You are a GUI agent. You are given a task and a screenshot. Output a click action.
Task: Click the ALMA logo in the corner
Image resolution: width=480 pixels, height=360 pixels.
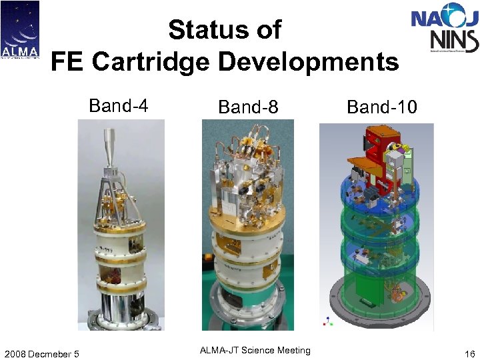(x=20, y=30)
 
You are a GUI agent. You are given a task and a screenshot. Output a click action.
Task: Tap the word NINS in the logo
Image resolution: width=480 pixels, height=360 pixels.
(x=455, y=40)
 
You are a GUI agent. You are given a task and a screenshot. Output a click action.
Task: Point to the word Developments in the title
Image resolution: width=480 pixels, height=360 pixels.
(x=308, y=62)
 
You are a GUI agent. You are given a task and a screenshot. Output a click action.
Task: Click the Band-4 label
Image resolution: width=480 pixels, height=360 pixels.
(x=118, y=106)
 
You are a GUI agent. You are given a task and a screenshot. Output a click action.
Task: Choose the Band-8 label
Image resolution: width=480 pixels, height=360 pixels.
(x=248, y=107)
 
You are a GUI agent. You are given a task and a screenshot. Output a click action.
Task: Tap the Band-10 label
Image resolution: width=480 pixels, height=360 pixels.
(x=382, y=107)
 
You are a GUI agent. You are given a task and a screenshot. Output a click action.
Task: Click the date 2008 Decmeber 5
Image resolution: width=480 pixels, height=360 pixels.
(x=41, y=353)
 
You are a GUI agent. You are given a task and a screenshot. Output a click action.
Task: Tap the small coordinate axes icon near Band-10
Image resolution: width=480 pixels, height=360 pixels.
(x=327, y=321)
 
